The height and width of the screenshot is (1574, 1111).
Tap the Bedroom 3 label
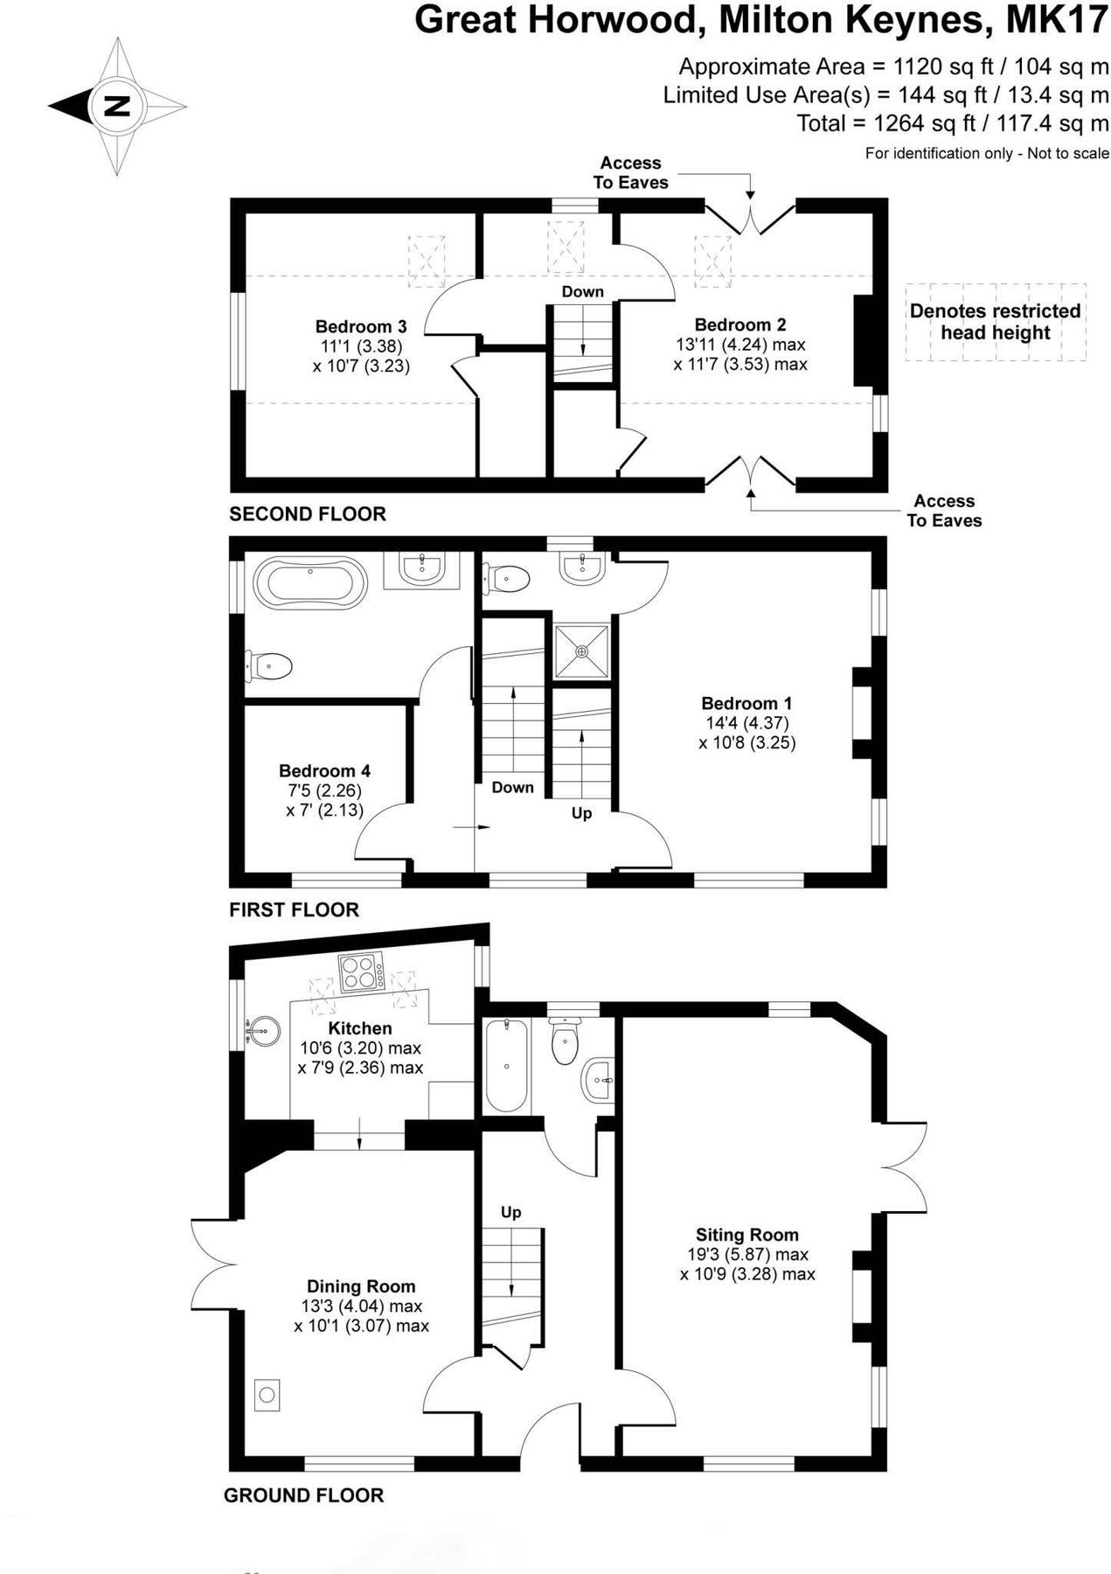click(x=361, y=327)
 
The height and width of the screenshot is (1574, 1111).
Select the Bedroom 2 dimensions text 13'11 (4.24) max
click(x=740, y=345)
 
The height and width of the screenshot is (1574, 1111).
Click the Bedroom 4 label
click(x=324, y=770)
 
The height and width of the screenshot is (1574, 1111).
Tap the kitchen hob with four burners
click(x=362, y=973)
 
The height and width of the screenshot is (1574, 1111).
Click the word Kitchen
click(x=359, y=1028)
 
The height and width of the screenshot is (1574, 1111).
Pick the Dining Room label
click(x=361, y=1286)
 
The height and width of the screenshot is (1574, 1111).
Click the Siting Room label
click(x=746, y=1235)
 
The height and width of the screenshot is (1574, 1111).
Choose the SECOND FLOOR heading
click(x=307, y=514)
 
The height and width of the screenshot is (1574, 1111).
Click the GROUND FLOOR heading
click(x=303, y=1495)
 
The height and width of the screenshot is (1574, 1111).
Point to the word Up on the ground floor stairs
click(x=510, y=1212)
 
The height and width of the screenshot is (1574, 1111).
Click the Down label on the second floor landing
click(x=582, y=291)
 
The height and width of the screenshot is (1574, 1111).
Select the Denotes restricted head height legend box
click(x=995, y=322)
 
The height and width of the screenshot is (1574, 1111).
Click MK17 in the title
click(x=1057, y=21)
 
